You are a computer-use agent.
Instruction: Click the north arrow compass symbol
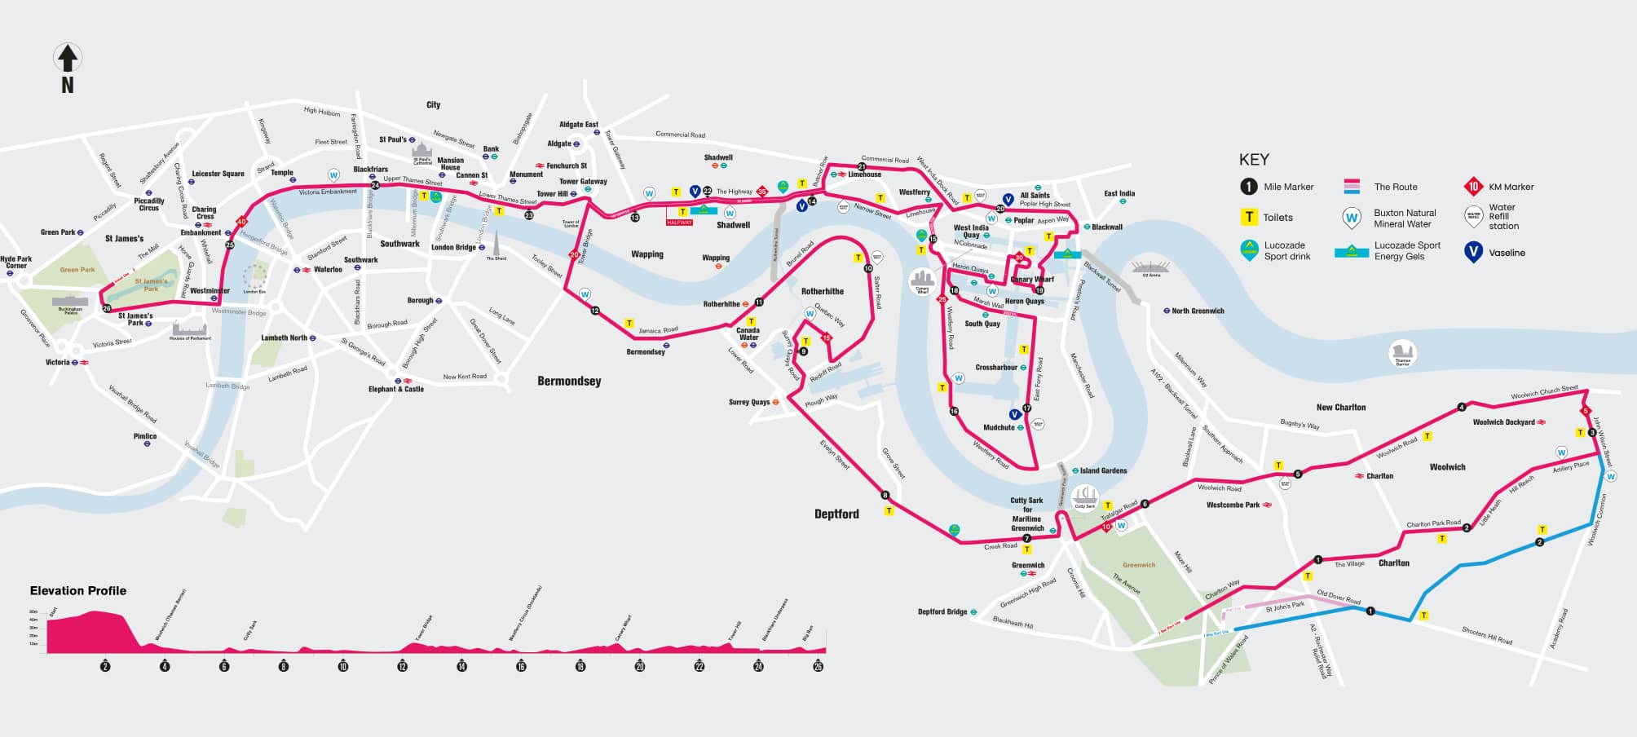pyautogui.click(x=67, y=59)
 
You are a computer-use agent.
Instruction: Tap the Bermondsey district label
pyautogui.click(x=569, y=381)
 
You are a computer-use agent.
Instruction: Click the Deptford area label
pyautogui.click(x=836, y=514)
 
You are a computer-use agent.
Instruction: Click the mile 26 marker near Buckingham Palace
pyautogui.click(x=107, y=308)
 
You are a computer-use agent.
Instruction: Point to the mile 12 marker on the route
pyautogui.click(x=595, y=311)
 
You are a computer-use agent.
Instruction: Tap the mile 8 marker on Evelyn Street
pyautogui.click(x=885, y=495)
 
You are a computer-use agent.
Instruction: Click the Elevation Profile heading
pyautogui.click(x=78, y=590)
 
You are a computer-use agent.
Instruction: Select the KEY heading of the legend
pyautogui.click(x=1254, y=160)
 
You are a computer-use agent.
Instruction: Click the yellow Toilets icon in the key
pyautogui.click(x=1248, y=218)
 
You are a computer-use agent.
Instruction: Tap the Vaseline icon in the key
pyautogui.click(x=1473, y=252)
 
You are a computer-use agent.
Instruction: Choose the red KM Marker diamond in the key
pyautogui.click(x=1473, y=187)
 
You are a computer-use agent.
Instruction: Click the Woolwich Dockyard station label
pyautogui.click(x=1504, y=422)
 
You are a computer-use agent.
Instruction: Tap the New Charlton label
pyautogui.click(x=1341, y=407)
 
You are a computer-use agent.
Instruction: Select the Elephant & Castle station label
pyautogui.click(x=396, y=389)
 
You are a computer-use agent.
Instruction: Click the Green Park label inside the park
pyautogui.click(x=77, y=270)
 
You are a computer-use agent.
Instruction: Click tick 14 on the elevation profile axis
pyautogui.click(x=461, y=666)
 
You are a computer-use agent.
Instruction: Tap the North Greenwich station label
pyautogui.click(x=1198, y=311)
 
